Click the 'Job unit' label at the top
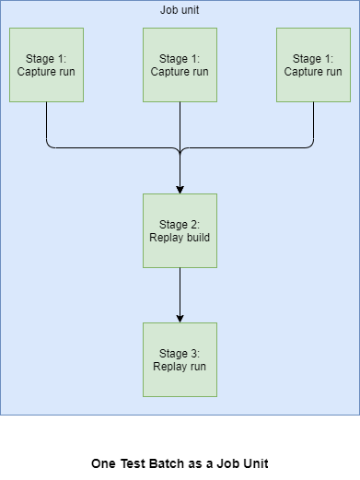click(x=180, y=9)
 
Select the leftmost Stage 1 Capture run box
click(x=46, y=64)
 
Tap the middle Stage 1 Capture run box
click(x=180, y=64)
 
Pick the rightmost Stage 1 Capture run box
click(x=313, y=64)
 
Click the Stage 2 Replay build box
click(x=180, y=230)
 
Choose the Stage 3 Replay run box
click(x=180, y=359)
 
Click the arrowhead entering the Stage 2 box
click(x=180, y=188)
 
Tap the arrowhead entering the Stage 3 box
click(x=180, y=317)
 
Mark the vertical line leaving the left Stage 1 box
click(x=46, y=120)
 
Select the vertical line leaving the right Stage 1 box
click(x=313, y=120)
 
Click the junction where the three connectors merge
click(x=180, y=148)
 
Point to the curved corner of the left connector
click(x=49, y=145)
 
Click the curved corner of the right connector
click(x=310, y=145)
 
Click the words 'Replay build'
click(x=180, y=237)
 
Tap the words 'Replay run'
click(x=180, y=366)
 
